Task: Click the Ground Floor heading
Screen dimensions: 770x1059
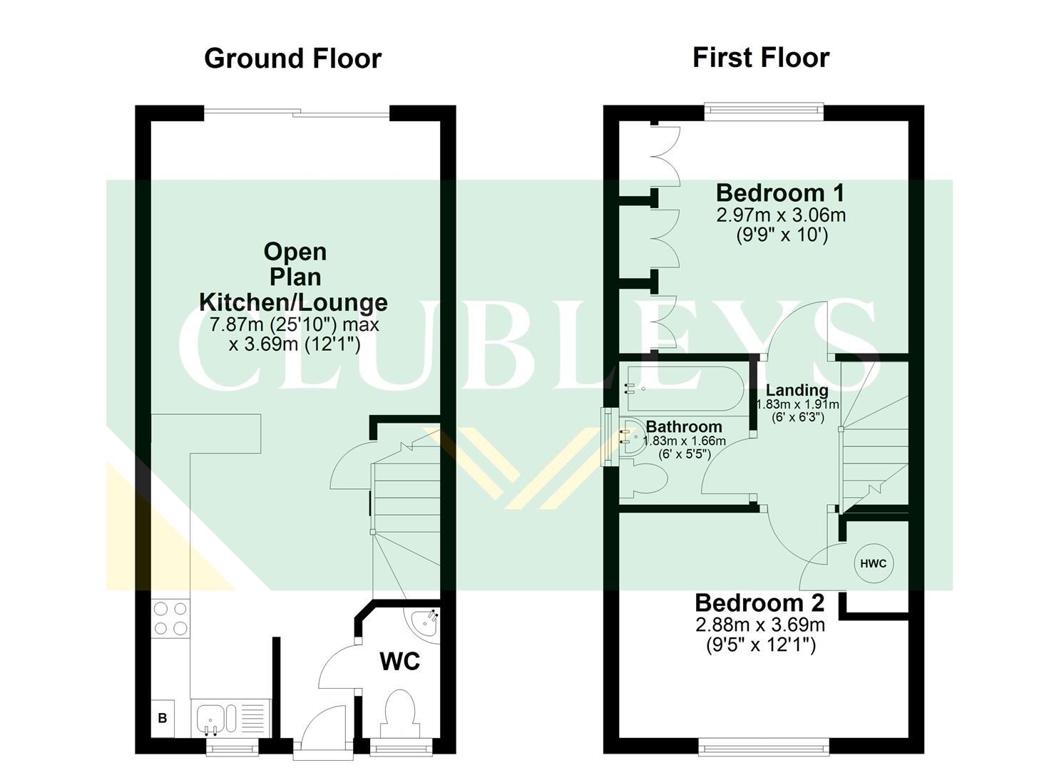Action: (292, 58)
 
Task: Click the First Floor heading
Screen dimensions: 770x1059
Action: (760, 57)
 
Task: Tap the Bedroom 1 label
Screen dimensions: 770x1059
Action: (780, 192)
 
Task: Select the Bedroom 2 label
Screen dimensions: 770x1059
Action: (759, 603)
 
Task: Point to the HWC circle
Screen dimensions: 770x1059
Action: (873, 563)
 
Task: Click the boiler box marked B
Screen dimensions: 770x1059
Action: (163, 718)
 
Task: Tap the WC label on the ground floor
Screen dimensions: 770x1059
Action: (399, 661)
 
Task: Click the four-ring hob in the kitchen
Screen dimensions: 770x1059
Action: (170, 618)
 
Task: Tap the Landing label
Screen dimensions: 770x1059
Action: (797, 390)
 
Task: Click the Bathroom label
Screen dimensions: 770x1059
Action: (683, 426)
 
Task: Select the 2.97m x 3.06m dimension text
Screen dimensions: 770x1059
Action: (781, 215)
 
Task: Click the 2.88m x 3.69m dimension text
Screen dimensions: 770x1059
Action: (760, 625)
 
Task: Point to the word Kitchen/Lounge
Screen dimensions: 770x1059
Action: (293, 302)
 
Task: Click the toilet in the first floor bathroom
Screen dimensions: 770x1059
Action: (646, 478)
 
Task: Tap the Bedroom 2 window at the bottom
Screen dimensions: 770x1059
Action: (764, 746)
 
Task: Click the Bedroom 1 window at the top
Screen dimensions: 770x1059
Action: (764, 110)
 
